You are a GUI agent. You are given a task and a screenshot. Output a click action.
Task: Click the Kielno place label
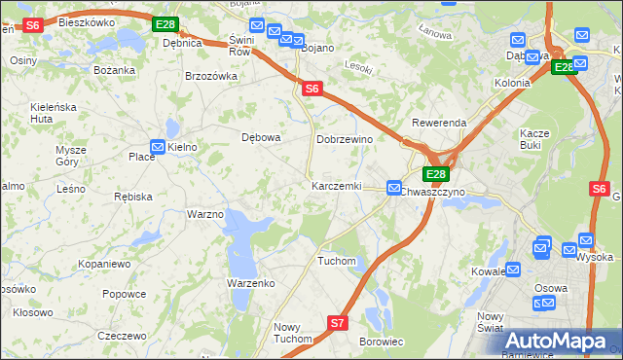point(183,147)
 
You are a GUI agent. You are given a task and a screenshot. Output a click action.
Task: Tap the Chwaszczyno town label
point(433,192)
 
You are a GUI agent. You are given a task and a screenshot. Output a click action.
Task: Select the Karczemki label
point(336,186)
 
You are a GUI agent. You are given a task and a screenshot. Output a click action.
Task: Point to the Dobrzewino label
point(345,139)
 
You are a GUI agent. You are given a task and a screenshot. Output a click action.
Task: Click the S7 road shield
point(337,322)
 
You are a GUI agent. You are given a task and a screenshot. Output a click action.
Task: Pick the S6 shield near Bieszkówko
point(32,25)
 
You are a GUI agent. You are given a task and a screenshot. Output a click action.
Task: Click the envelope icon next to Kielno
point(157,146)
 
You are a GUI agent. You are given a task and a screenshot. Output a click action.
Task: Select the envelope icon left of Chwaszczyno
point(394,187)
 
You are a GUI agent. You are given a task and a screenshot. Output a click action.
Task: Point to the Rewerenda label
point(439,124)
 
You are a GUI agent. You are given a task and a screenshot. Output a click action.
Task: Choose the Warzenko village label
point(251,283)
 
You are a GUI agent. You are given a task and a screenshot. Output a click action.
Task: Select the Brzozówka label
point(211,76)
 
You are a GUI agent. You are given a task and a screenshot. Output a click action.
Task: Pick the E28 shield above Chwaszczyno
point(435,174)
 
